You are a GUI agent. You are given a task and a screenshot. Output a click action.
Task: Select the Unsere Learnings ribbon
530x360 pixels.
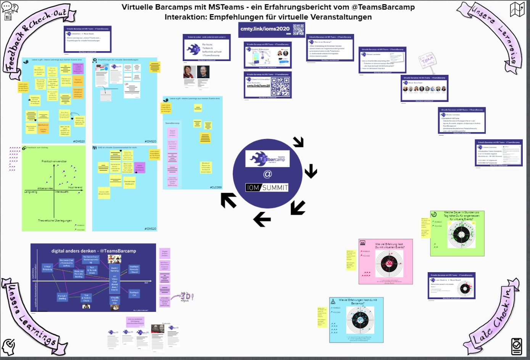click(x=32, y=317)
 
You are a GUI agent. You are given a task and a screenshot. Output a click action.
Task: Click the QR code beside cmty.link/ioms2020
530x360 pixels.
click(x=298, y=29)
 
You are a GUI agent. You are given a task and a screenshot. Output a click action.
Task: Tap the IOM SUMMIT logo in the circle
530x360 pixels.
click(x=267, y=187)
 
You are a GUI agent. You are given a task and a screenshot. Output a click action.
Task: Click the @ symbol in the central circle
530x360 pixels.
click(x=267, y=174)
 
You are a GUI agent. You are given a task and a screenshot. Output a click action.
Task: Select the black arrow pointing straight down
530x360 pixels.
click(x=311, y=171)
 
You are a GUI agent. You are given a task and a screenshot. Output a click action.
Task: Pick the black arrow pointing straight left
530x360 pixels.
click(x=262, y=220)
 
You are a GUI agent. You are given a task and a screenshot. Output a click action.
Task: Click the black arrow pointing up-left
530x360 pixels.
click(x=229, y=200)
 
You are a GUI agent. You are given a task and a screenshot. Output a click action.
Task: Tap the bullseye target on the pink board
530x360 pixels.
click(x=389, y=263)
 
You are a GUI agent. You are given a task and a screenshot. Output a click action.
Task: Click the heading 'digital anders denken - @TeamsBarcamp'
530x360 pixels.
click(x=93, y=251)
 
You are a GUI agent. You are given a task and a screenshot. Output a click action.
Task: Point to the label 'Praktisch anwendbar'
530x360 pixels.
click(x=54, y=161)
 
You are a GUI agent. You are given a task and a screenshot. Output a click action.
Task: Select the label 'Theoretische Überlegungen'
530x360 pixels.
click(x=55, y=221)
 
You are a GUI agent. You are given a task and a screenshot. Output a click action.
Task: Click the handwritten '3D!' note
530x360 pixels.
click(x=187, y=297)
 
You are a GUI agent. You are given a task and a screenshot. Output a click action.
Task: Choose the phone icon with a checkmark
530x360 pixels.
click(x=516, y=346)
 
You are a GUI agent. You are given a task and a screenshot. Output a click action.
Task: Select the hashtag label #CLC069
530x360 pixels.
click(x=216, y=187)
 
